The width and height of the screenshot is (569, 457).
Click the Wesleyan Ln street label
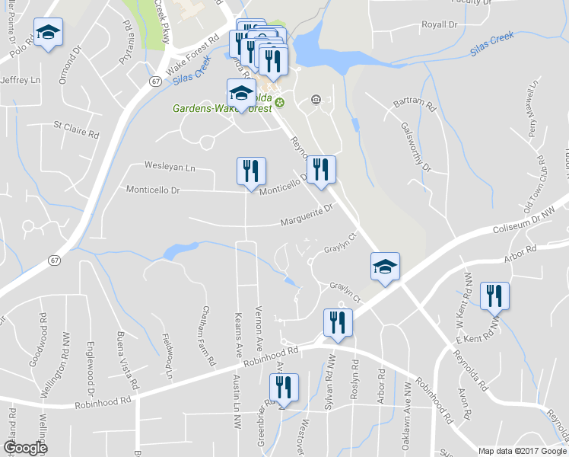[x=170, y=166]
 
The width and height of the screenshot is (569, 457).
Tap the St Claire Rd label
[x=76, y=128]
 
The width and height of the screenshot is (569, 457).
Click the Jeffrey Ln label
[x=21, y=79]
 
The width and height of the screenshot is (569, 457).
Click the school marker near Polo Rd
[x=48, y=33]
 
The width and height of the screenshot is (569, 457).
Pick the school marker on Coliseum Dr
[x=385, y=267]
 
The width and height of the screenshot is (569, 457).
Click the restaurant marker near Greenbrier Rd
[x=284, y=388]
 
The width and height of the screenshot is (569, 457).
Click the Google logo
[x=25, y=448]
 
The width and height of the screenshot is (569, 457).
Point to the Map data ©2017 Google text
[x=523, y=451]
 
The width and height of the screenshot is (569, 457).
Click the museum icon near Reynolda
[x=316, y=100]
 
